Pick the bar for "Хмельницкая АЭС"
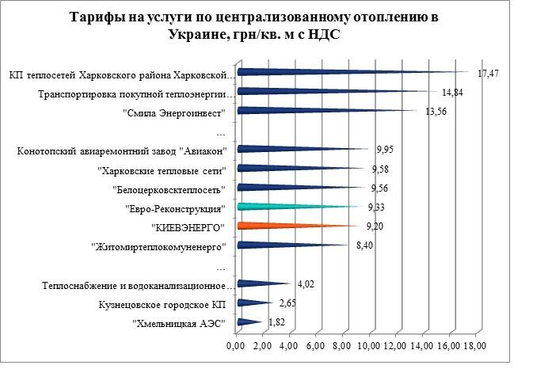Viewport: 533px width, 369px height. click(247, 321)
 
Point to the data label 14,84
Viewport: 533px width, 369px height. click(452, 93)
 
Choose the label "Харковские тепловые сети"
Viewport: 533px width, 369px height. click(162, 169)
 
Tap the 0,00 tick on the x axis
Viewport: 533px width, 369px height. click(236, 347)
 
